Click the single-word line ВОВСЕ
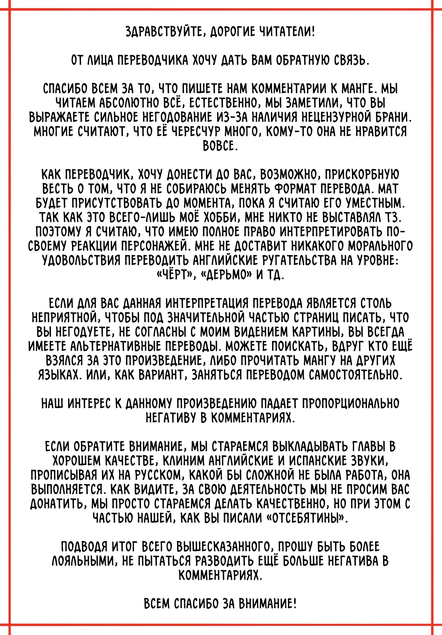pos(220,146)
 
